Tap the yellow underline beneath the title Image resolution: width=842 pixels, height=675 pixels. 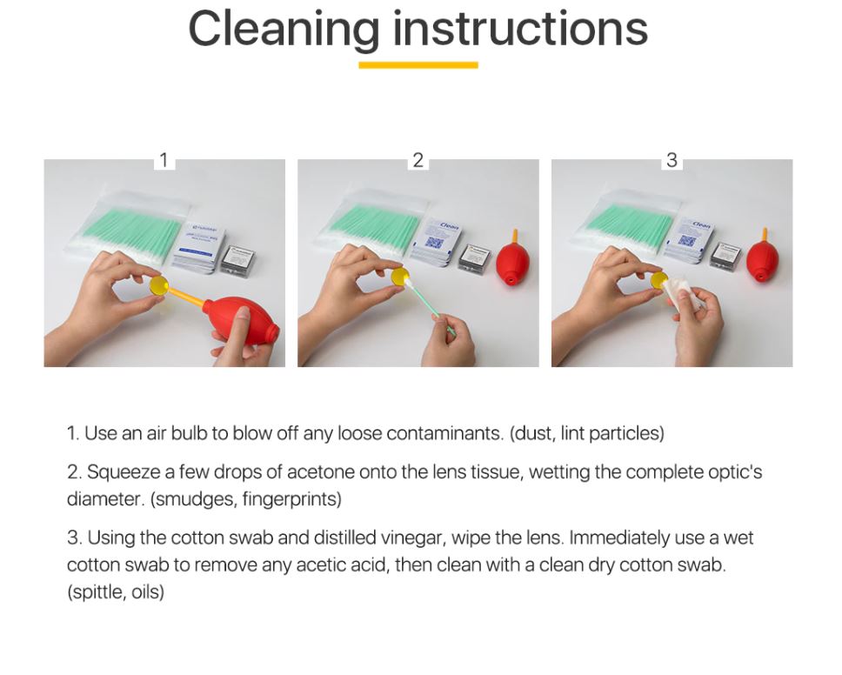pos(418,65)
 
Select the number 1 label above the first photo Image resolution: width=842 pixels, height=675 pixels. pos(164,160)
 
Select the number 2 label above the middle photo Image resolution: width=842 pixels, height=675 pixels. pos(418,160)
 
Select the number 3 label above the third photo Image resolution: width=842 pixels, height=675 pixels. pos(672,160)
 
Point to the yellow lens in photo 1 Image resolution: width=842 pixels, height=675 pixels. pos(159,284)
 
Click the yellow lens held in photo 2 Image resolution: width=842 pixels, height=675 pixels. pos(398,277)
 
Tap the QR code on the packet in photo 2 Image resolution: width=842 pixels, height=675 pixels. pos(433,243)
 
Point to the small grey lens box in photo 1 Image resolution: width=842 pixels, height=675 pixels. pos(239,260)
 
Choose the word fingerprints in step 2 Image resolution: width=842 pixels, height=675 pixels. pos(291,499)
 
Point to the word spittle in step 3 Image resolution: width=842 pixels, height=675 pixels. pos(97,592)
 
